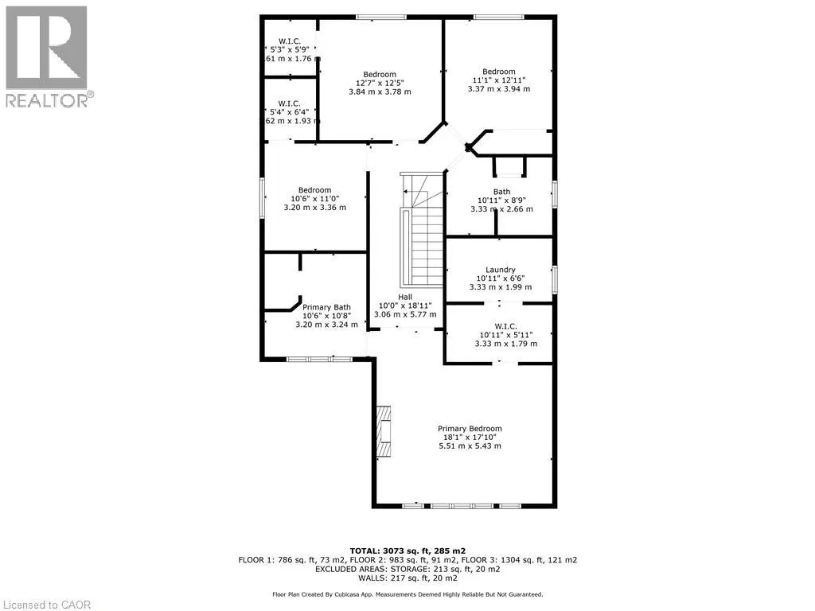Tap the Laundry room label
pos(501,270)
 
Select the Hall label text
pos(406,296)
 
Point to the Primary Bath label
pos(326,307)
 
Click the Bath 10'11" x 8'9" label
pos(501,191)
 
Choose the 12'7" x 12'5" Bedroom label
pos(380,74)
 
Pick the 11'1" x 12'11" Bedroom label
pos(499,72)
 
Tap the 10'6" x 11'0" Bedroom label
pos(315,190)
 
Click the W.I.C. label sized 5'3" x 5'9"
pos(289,41)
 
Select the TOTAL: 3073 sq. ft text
pos(407,551)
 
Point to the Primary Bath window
pos(319,360)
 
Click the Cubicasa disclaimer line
pos(407,594)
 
